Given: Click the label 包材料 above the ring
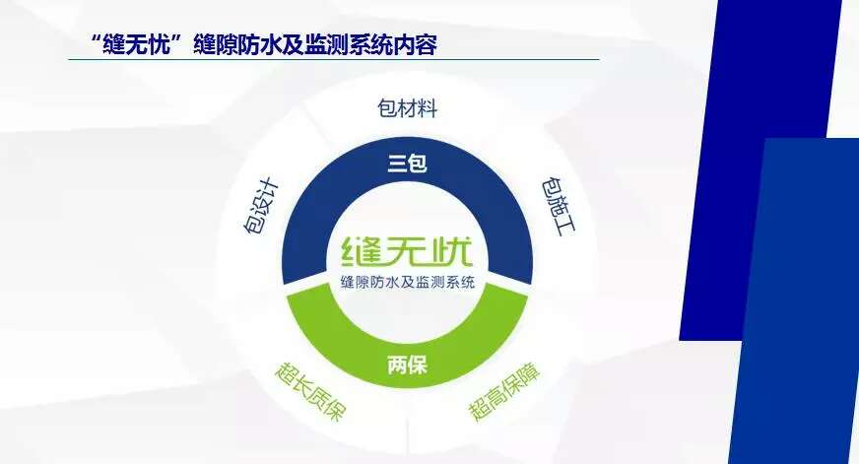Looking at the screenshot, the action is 407,108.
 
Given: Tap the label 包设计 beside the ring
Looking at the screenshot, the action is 261,207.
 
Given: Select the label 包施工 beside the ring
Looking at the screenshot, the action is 559,206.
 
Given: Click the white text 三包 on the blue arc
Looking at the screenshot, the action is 407,164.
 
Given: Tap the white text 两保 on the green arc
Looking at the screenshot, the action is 407,365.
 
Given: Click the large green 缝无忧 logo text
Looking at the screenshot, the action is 407,251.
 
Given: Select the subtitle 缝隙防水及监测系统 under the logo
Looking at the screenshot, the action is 407,283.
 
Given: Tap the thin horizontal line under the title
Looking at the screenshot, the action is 334,59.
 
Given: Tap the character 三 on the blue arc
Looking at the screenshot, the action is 397,164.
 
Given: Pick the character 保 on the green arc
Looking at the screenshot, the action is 418,365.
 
